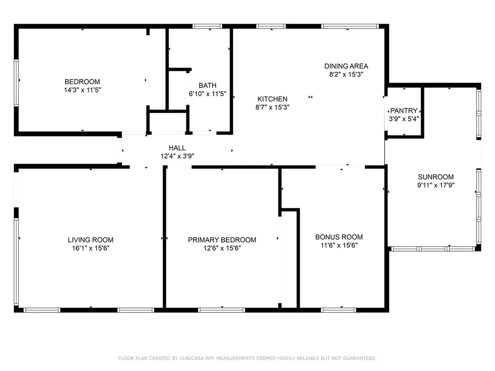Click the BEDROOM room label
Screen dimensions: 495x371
(x=82, y=82)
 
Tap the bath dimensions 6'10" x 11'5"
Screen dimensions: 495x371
(x=207, y=94)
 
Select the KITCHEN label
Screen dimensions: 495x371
(x=273, y=99)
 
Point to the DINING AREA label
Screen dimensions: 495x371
(x=346, y=66)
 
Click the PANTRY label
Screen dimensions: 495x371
(x=404, y=111)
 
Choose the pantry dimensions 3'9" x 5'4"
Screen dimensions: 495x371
(x=404, y=119)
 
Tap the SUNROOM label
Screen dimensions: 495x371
(x=436, y=177)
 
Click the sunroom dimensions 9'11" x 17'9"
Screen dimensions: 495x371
(x=436, y=185)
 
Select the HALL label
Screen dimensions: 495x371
(x=177, y=148)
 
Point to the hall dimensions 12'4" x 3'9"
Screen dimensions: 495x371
(x=177, y=156)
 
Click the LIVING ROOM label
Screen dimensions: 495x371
(x=90, y=240)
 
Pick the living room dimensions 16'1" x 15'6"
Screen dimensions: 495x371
(x=90, y=248)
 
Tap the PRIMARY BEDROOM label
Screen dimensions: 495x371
(x=222, y=240)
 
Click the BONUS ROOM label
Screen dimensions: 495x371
(x=339, y=237)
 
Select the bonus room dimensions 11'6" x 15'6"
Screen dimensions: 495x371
(x=339, y=245)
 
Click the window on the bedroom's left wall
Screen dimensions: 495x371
(x=16, y=83)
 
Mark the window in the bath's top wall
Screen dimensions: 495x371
(x=207, y=26)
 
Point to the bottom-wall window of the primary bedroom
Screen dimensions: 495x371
(x=221, y=310)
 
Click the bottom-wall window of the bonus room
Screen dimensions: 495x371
(x=338, y=310)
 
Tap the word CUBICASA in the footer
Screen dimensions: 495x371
(x=191, y=358)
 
